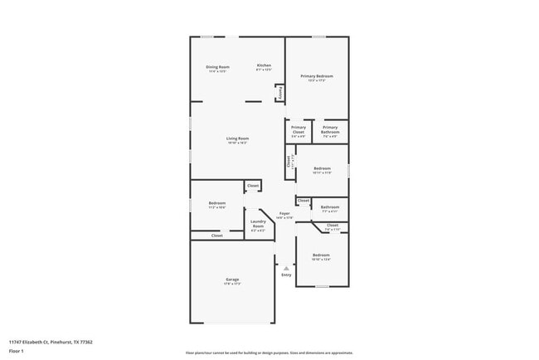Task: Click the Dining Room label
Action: coord(217,66)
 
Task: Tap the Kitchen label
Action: coord(264,66)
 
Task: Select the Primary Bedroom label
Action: coord(316,75)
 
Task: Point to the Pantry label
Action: coord(280,93)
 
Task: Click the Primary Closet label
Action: coord(299,128)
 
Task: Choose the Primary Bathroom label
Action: coord(330,128)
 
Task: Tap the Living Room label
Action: coord(238,138)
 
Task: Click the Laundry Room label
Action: coord(258,221)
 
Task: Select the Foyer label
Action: coord(284,214)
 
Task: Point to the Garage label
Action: coord(232,280)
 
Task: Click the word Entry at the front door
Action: coord(286,275)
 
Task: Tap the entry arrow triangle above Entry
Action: coord(286,268)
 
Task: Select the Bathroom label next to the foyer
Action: coord(330,207)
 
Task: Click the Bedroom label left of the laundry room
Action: coord(217,202)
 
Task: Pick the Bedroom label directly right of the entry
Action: coord(320,255)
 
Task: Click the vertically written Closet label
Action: coord(289,162)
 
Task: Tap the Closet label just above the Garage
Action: coord(216,236)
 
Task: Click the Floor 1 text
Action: coord(17,351)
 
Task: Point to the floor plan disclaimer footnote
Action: coord(269,353)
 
